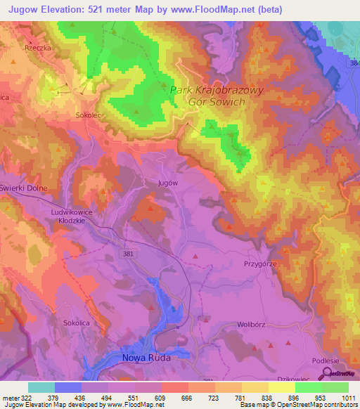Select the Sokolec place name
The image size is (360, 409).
pos(89,112)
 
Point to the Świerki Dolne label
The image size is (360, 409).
pos(22,188)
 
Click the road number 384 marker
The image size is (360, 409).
pos(353,63)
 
